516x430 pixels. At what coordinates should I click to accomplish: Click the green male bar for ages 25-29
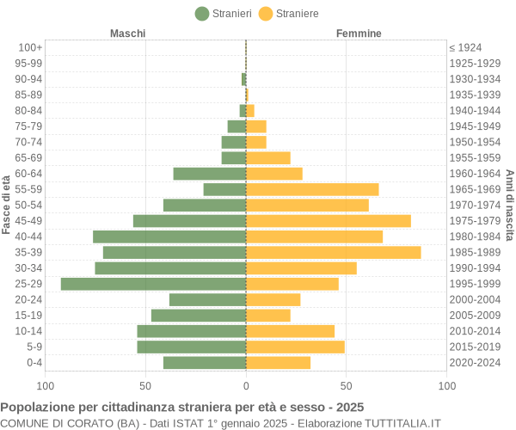(153, 284)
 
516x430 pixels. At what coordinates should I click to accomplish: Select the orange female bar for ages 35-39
(333, 252)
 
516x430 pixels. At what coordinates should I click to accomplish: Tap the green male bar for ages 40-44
(169, 236)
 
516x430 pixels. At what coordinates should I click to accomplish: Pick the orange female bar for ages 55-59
(312, 189)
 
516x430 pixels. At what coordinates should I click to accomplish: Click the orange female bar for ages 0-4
(278, 363)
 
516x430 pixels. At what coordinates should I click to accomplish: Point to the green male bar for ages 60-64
(209, 174)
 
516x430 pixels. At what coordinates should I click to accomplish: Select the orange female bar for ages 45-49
(328, 221)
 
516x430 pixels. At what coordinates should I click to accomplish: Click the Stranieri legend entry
(224, 13)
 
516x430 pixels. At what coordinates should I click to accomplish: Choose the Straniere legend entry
(289, 13)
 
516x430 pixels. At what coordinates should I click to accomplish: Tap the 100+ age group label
(30, 47)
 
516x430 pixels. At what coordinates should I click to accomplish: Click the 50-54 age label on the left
(28, 205)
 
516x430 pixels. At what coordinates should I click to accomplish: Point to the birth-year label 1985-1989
(475, 252)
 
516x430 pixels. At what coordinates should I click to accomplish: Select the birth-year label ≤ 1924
(465, 47)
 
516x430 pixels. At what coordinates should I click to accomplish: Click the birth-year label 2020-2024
(475, 363)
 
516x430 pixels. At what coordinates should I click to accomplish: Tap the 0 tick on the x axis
(246, 386)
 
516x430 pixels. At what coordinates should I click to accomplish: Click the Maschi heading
(127, 34)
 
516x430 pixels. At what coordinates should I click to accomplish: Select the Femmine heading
(359, 34)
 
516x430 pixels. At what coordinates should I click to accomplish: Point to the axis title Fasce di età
(6, 205)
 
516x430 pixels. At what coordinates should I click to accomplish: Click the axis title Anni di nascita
(509, 205)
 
